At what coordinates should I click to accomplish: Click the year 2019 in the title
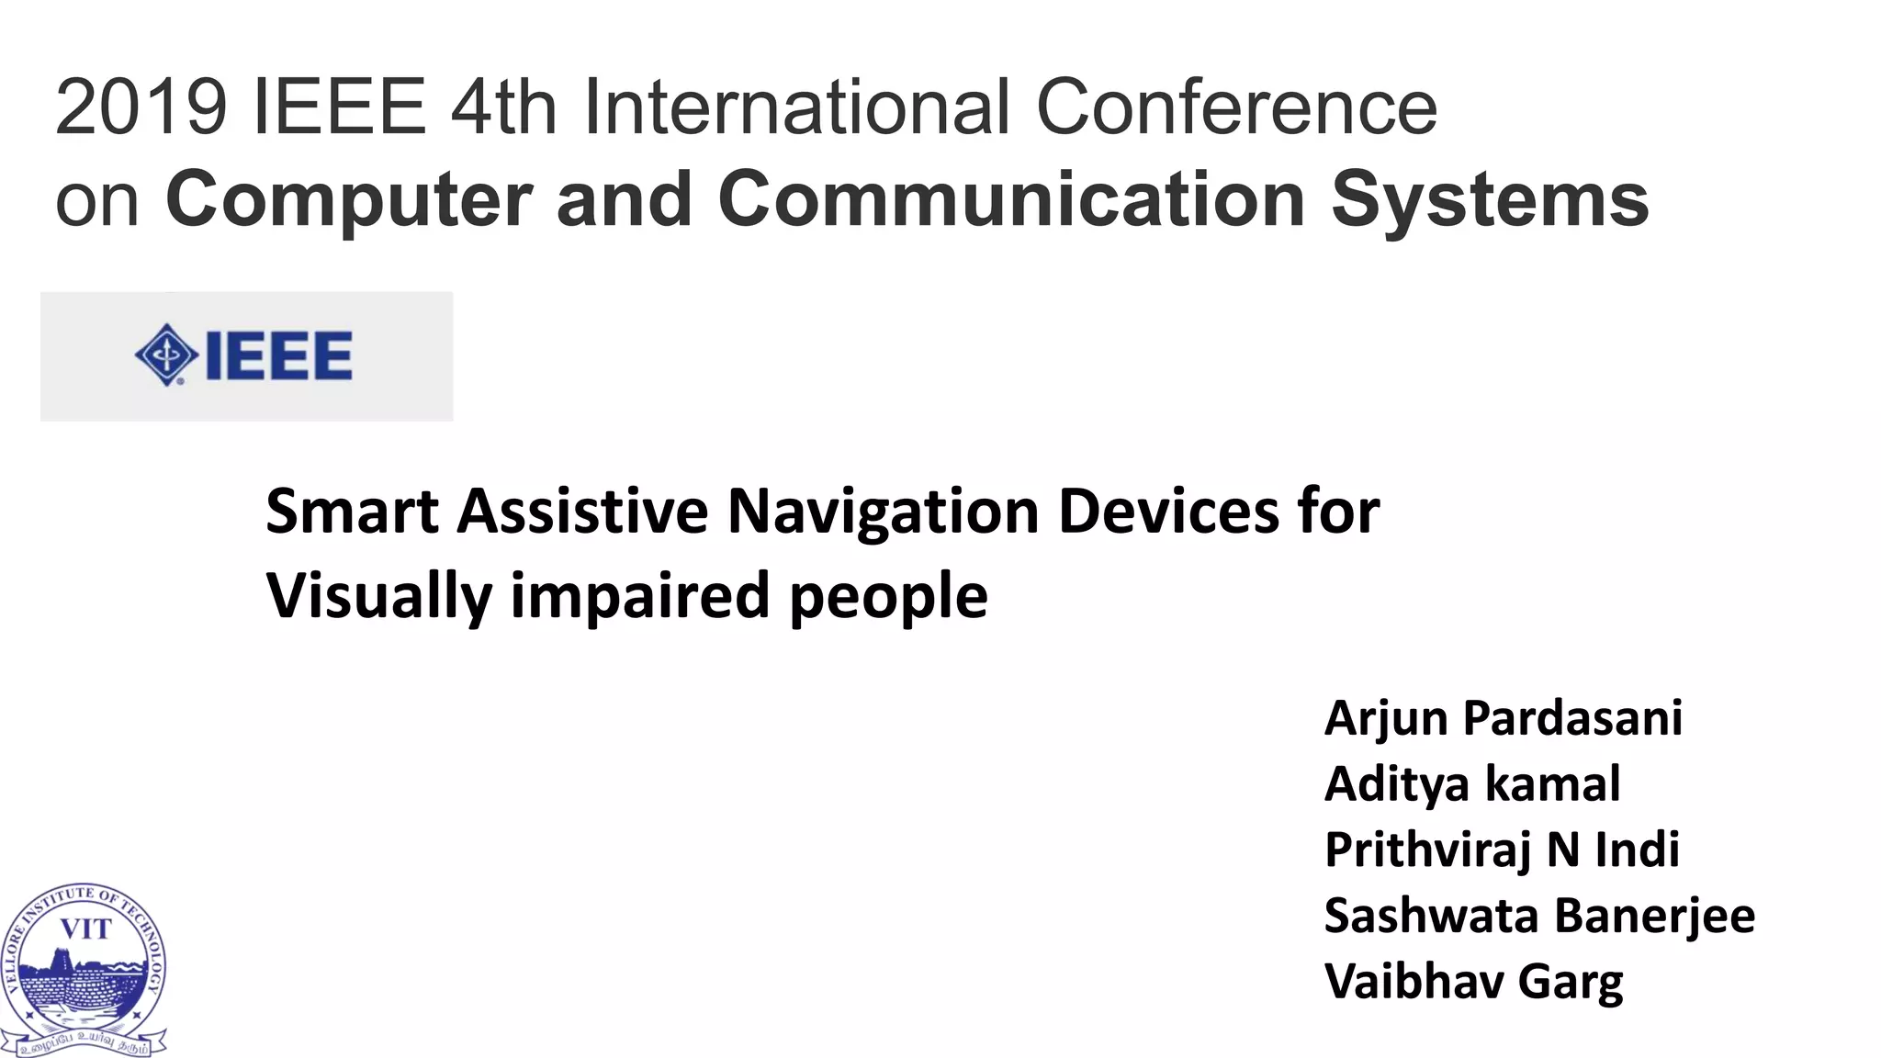pyautogui.click(x=141, y=107)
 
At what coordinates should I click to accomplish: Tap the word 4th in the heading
pyautogui.click(x=502, y=107)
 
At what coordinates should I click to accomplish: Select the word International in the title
pyautogui.click(x=796, y=107)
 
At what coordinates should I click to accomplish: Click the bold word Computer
pyautogui.click(x=349, y=199)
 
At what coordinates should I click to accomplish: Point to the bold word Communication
pyautogui.click(x=1011, y=199)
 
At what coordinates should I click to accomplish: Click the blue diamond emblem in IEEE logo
pyautogui.click(x=166, y=355)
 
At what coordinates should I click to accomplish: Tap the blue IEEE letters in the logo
pyautogui.click(x=279, y=355)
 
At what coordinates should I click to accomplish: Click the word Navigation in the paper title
pyautogui.click(x=883, y=512)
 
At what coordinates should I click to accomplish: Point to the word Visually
pyautogui.click(x=379, y=597)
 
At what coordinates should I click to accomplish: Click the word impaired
pyautogui.click(x=640, y=597)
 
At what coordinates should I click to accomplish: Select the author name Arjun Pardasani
pyautogui.click(x=1504, y=718)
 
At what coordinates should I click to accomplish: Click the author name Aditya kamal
pyautogui.click(x=1472, y=784)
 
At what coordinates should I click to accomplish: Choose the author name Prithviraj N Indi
pyautogui.click(x=1502, y=850)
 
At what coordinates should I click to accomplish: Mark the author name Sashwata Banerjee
pyautogui.click(x=1539, y=916)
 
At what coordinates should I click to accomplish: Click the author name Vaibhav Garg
pyautogui.click(x=1473, y=982)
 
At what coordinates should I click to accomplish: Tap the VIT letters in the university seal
pyautogui.click(x=85, y=929)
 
